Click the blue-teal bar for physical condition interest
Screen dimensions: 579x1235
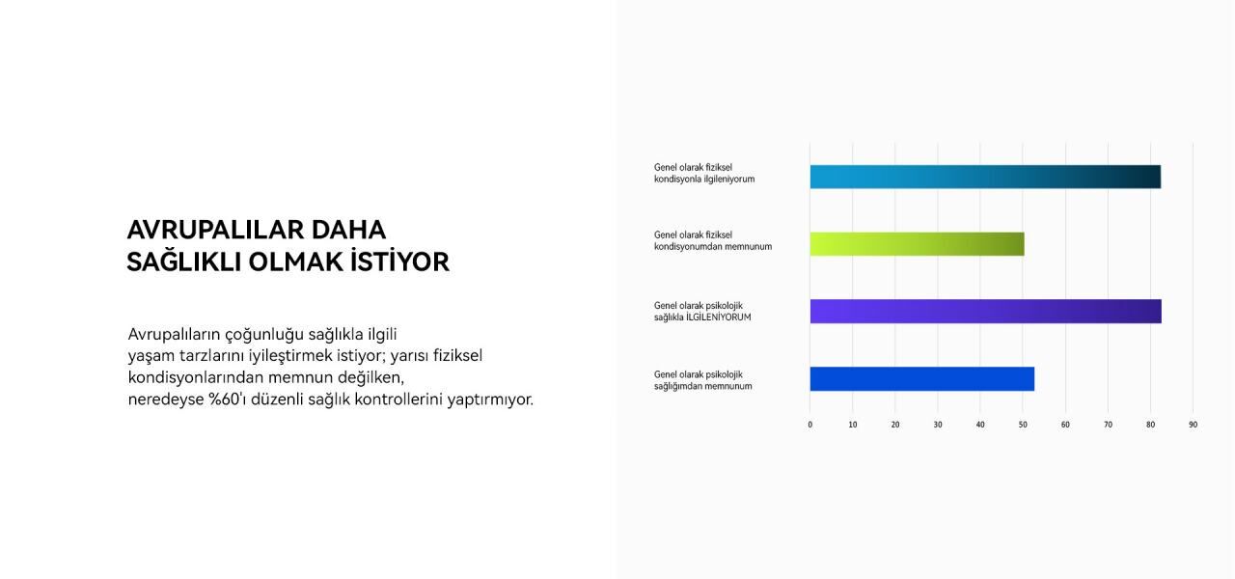[984, 177]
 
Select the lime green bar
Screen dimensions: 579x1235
[917, 244]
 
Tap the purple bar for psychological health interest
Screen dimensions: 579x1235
[984, 311]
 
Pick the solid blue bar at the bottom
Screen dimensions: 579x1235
[921, 379]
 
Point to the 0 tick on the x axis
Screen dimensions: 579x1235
[810, 425]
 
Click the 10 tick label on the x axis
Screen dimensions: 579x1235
[853, 425]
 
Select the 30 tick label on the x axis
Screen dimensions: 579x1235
[938, 425]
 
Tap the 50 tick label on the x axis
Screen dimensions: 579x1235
[1023, 425]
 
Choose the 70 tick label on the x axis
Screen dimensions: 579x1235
[1108, 425]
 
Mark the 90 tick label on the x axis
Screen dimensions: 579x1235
[1193, 425]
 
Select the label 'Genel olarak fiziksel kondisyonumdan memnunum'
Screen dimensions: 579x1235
[712, 240]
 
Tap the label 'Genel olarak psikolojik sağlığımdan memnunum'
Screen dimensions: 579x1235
[702, 380]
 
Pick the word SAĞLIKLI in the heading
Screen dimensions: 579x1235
[184, 262]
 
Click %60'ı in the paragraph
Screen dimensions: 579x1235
[229, 400]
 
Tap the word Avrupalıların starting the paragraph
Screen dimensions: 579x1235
[174, 335]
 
